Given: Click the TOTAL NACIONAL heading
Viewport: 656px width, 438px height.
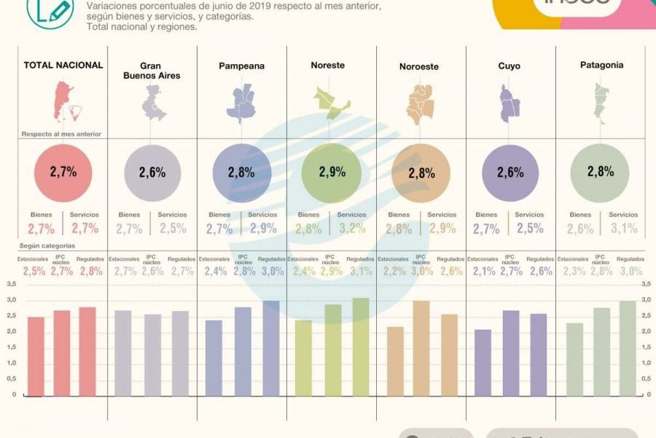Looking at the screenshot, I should [x=63, y=66].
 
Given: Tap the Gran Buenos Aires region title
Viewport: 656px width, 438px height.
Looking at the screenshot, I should [x=152, y=71].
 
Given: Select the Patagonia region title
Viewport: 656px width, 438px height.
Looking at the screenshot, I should [x=601, y=66].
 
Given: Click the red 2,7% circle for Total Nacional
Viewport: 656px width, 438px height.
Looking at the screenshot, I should [x=63, y=172].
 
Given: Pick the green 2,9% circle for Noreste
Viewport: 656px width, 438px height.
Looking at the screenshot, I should [x=331, y=172].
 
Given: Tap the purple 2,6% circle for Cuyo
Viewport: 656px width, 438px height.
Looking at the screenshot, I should [x=511, y=172].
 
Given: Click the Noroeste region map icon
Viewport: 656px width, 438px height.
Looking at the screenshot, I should [x=421, y=103].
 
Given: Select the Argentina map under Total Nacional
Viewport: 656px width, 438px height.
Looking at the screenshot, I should [x=62, y=102].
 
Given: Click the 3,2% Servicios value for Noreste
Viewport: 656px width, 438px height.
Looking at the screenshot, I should [x=352, y=229].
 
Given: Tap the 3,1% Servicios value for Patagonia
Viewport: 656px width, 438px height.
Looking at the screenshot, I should [x=623, y=229].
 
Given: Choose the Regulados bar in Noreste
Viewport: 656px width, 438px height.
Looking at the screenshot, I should [x=361, y=346].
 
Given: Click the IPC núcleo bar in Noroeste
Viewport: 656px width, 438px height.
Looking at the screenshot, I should [x=421, y=347].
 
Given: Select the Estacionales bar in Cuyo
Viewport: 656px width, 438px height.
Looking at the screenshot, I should [x=483, y=362].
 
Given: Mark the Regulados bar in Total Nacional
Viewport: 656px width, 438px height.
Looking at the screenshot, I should [x=87, y=351].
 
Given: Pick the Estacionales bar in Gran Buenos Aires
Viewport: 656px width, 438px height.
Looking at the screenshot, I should [x=124, y=353].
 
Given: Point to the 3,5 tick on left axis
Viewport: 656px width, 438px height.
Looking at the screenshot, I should [x=11, y=284].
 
